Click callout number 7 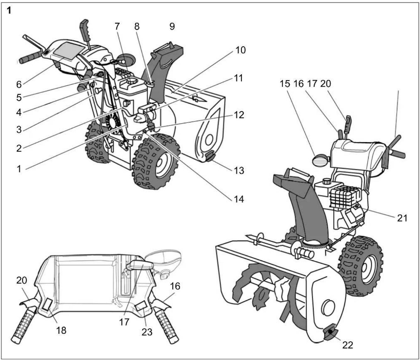pyautogui.click(x=117, y=26)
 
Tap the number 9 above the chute pyautogui.click(x=172, y=26)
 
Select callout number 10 pyautogui.click(x=240, y=50)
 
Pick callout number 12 pyautogui.click(x=239, y=115)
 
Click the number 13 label pyautogui.click(x=239, y=171)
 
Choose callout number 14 pyautogui.click(x=239, y=199)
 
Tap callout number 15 pyautogui.click(x=285, y=83)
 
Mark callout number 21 pyautogui.click(x=402, y=218)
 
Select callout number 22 pyautogui.click(x=348, y=345)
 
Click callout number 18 pyautogui.click(x=61, y=330)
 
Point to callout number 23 pyautogui.click(x=147, y=332)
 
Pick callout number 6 pyautogui.click(x=19, y=84)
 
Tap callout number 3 pyautogui.click(x=19, y=130)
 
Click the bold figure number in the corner pyautogui.click(x=9, y=10)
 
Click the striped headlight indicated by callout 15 pyautogui.click(x=320, y=161)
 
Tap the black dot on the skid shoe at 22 pyautogui.click(x=331, y=331)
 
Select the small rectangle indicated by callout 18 pyautogui.click(x=47, y=304)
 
